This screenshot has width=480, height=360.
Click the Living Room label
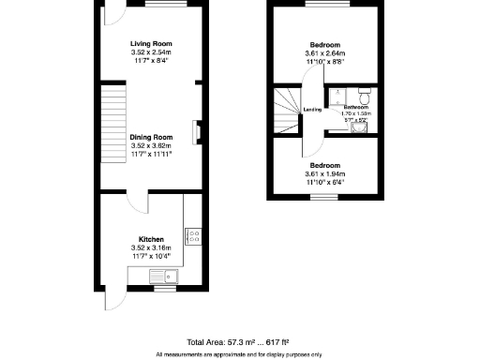[x=151, y=43]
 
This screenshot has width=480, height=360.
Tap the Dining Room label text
[x=151, y=137]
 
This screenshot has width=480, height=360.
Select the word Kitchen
[x=151, y=239]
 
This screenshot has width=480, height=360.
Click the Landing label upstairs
[x=313, y=110]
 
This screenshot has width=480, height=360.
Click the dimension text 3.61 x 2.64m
[x=324, y=53]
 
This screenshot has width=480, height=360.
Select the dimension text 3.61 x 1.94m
[x=324, y=173]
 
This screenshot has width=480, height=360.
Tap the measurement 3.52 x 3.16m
[x=151, y=247]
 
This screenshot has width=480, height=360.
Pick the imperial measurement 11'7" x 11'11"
[x=151, y=153]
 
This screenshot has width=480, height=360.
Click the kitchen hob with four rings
[x=194, y=237]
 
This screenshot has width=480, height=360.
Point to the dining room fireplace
[x=195, y=133]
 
